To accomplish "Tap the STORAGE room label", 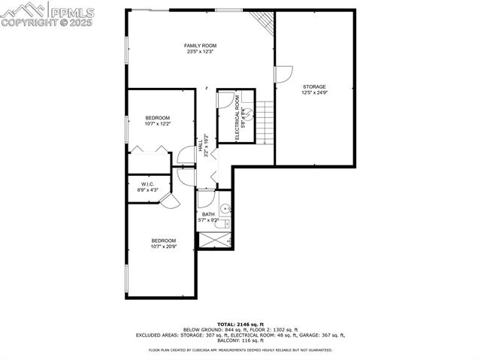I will [314, 86].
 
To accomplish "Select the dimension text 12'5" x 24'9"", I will [314, 92].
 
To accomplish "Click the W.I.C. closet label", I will [147, 184].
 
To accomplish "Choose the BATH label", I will [208, 214].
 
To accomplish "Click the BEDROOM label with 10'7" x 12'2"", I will [157, 117].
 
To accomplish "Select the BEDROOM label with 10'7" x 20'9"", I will [163, 241].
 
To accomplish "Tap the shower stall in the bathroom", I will [215, 241].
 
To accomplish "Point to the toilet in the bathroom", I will [226, 209].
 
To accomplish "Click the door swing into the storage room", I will [283, 74].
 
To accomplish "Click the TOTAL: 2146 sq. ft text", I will [240, 324].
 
